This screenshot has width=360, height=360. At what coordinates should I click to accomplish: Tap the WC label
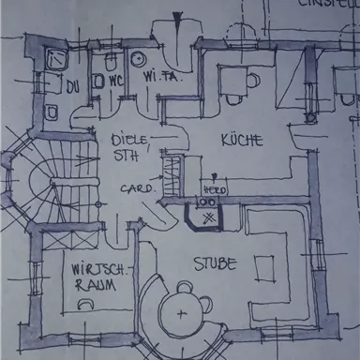pos(116,82)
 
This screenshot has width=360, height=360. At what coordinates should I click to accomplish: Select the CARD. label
pos(136,187)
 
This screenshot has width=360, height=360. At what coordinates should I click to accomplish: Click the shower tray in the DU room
pos(53,61)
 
